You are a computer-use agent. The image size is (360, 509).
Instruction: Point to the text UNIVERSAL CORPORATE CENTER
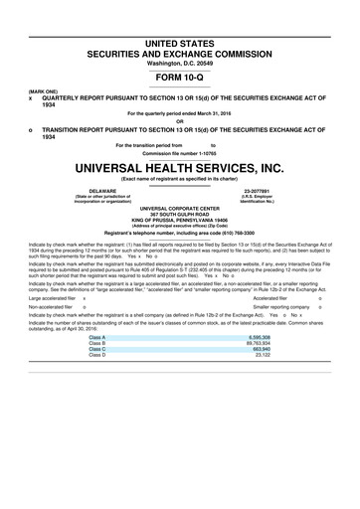pos(180,208)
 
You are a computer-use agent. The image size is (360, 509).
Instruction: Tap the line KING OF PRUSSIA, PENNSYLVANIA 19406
pos(180,220)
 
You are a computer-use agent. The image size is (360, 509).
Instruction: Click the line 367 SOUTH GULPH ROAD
pos(180,214)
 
